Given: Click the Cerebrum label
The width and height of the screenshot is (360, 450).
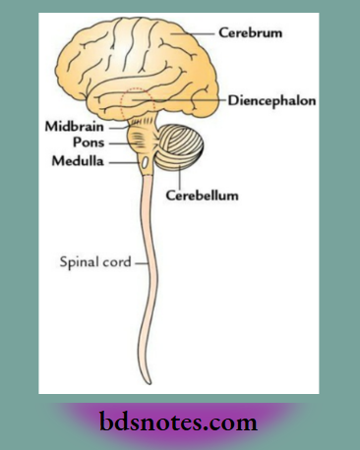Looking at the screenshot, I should (x=252, y=32).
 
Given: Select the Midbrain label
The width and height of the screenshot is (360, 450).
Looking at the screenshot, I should (x=69, y=127).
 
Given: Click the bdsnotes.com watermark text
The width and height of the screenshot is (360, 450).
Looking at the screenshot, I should (x=179, y=423).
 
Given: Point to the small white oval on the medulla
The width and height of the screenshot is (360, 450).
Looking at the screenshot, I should (x=146, y=160).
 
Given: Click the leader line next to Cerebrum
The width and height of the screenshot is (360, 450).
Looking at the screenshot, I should (x=202, y=32).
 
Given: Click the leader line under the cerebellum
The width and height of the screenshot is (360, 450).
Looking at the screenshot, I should (x=179, y=179).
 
